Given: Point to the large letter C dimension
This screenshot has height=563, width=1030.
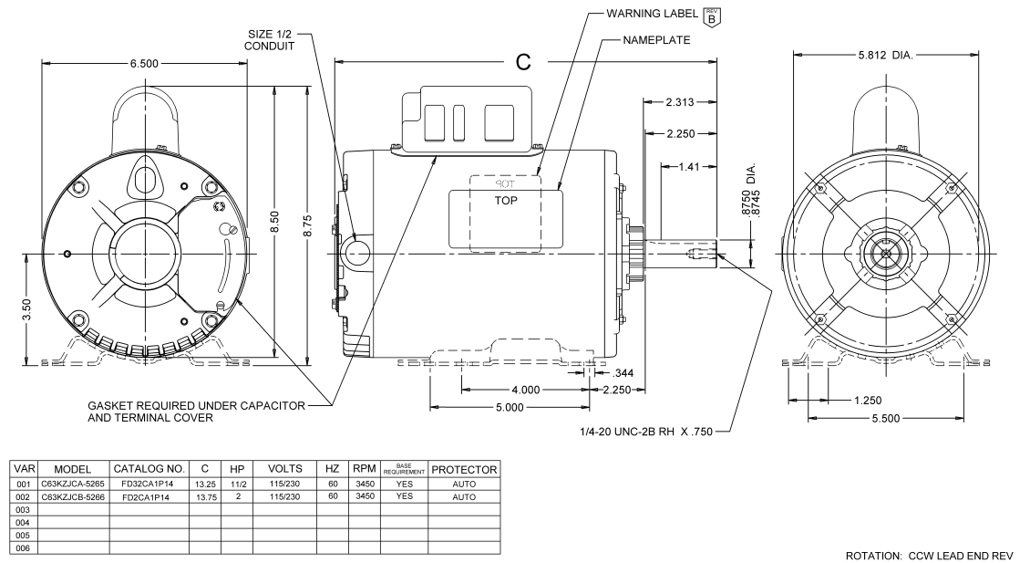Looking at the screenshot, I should [x=523, y=61].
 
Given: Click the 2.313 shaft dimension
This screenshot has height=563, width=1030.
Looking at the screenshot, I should [x=685, y=101].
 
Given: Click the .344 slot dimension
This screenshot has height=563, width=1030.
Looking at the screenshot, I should [x=624, y=373].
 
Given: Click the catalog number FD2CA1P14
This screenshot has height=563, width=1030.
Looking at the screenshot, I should [x=149, y=496].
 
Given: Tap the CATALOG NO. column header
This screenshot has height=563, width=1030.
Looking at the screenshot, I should [x=149, y=469].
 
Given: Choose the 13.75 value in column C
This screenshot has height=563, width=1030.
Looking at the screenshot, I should [x=204, y=496].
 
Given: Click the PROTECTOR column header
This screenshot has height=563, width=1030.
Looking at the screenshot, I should [x=463, y=469].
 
